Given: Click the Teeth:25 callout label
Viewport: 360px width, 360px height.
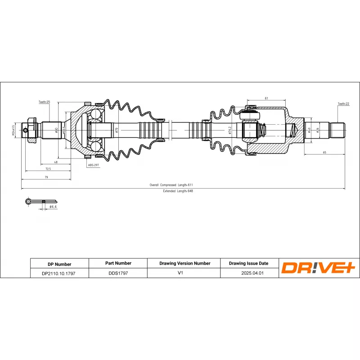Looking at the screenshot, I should (44, 102).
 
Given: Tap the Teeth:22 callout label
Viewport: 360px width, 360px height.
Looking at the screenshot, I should (343, 103).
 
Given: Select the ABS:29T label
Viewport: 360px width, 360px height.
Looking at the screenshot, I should (93, 166).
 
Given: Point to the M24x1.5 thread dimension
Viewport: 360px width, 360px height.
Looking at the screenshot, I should (14, 130).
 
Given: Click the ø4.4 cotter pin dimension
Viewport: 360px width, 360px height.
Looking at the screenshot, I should (53, 207).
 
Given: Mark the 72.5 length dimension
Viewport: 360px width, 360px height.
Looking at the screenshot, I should (48, 169).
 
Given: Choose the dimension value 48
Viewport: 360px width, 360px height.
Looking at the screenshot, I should (56, 162).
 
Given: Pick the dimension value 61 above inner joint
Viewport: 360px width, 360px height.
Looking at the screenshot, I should (266, 98).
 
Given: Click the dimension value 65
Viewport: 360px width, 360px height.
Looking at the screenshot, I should (324, 153).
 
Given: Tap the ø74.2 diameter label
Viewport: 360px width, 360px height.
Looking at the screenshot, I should (229, 130).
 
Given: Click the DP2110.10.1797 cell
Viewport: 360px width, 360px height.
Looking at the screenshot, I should (58, 273).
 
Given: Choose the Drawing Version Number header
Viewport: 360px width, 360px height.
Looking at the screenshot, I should (184, 263).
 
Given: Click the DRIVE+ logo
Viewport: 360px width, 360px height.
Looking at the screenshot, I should (318, 268).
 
